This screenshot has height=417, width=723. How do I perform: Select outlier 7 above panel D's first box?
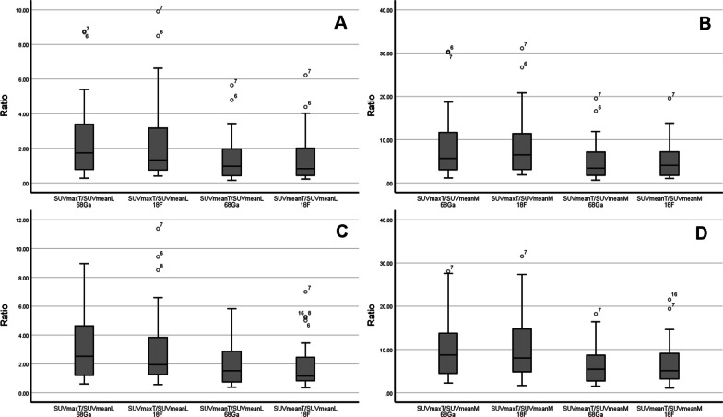pos(447,271)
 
